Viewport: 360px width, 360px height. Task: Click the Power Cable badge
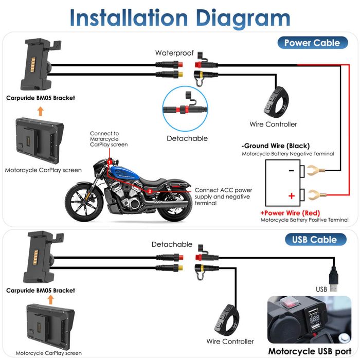pyautogui.click(x=312, y=43)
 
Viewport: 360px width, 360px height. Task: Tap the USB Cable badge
pyautogui.click(x=314, y=240)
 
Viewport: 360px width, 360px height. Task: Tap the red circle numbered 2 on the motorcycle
pyautogui.click(x=150, y=191)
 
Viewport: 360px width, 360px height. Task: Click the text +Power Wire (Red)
pyautogui.click(x=290, y=213)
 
